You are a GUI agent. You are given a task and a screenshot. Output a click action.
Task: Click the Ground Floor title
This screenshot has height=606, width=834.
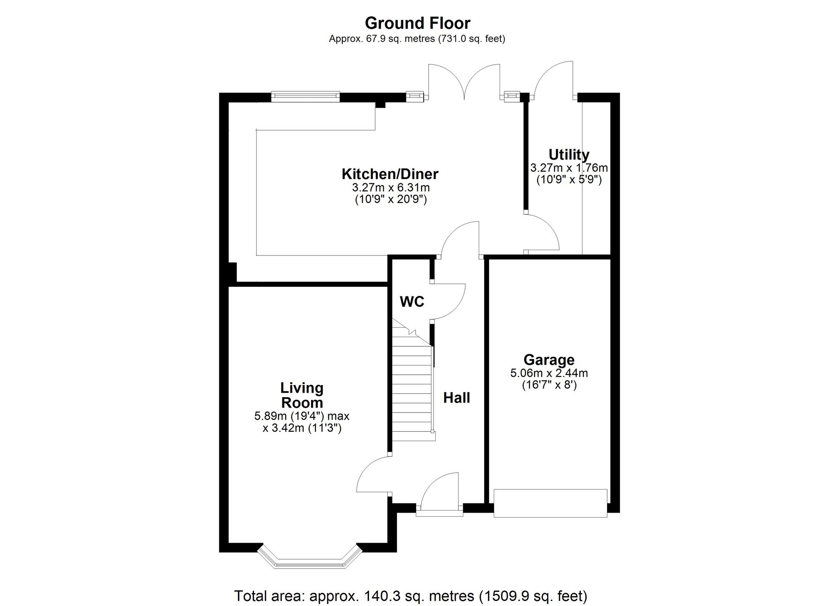click(417, 23)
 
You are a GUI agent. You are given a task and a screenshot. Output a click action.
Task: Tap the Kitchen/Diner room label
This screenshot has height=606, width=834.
click(390, 174)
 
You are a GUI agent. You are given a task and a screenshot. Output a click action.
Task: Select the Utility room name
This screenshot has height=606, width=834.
click(569, 155)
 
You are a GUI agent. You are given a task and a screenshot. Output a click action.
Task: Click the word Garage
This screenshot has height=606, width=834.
click(549, 360)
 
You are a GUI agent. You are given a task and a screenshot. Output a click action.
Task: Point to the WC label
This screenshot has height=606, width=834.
click(412, 302)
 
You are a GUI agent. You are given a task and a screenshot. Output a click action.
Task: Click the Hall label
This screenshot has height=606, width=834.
click(457, 398)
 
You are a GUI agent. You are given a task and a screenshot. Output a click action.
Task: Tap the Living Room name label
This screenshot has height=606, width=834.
click(302, 395)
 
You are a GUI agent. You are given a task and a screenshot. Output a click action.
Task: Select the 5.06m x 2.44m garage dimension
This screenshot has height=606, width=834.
click(549, 373)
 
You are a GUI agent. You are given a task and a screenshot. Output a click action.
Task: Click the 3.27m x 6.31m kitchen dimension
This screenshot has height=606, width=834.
click(391, 188)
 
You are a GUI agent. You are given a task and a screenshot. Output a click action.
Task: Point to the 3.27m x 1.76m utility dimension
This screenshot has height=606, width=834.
click(569, 168)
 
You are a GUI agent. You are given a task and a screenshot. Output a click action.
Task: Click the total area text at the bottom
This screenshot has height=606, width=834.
click(411, 596)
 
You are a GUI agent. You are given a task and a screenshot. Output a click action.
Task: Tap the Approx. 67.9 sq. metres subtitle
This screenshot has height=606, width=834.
click(417, 39)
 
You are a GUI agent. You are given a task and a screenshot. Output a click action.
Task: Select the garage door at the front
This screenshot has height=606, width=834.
click(550, 503)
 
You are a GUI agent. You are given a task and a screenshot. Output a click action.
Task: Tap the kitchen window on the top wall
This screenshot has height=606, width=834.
click(305, 97)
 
